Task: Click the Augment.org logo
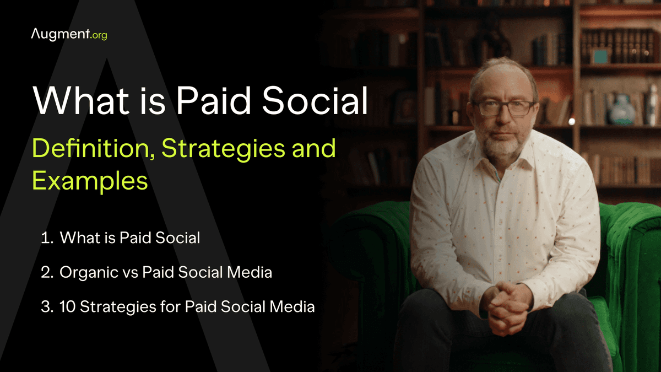(x=69, y=35)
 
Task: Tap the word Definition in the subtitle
(x=83, y=149)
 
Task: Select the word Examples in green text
(x=90, y=181)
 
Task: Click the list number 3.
(x=46, y=306)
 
